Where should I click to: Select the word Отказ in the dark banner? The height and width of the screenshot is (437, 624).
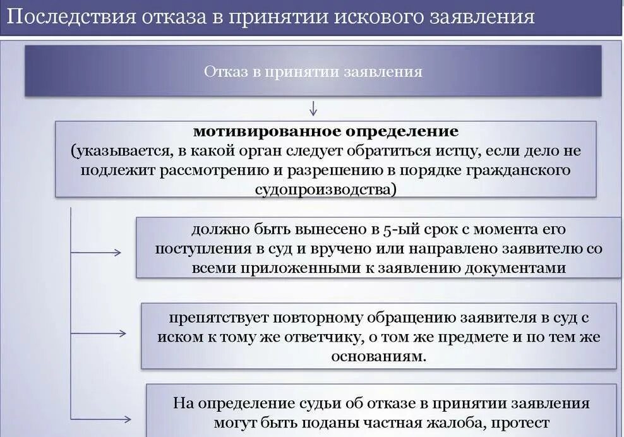click(223, 71)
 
